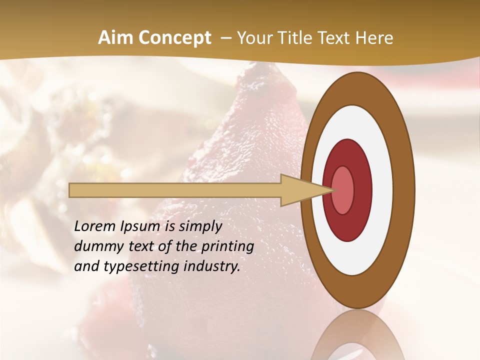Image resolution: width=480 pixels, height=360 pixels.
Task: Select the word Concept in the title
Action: tap(174, 38)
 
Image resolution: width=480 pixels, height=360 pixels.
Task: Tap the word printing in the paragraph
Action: tap(227, 246)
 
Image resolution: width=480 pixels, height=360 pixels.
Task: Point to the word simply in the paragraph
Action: tap(200, 226)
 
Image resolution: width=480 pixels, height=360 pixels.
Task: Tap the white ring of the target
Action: tap(382, 190)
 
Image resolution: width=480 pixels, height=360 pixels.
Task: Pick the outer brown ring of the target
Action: tap(404, 190)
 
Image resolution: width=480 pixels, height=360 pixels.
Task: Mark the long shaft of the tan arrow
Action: tap(175, 190)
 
